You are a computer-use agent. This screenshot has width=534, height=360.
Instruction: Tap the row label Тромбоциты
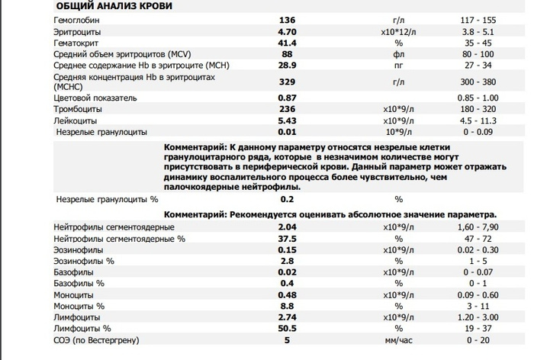[x=78, y=110]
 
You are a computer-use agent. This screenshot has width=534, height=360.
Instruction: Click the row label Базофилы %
[x=79, y=282]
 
